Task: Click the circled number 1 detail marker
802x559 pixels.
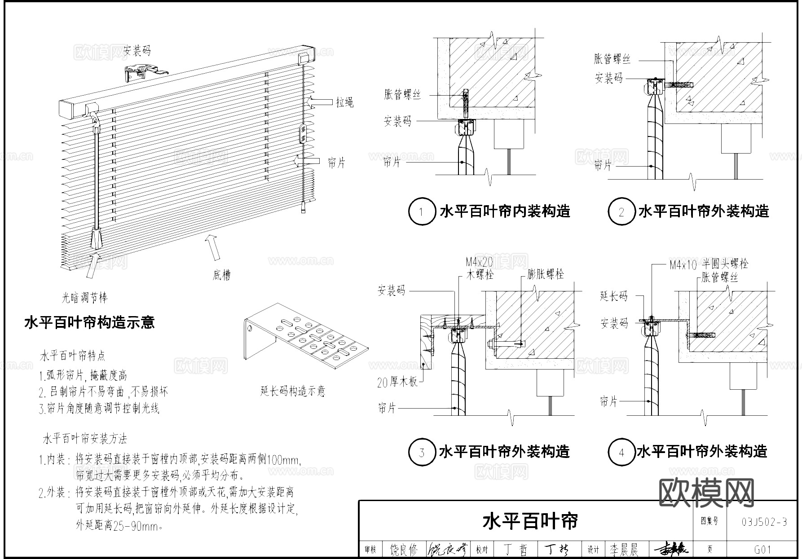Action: coord(422,211)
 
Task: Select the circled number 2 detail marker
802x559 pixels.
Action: coord(621,211)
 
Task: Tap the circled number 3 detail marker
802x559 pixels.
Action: coord(422,452)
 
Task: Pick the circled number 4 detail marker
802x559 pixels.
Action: coord(621,452)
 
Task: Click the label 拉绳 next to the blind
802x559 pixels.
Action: coord(344,102)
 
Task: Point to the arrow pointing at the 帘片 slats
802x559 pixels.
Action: coord(307,161)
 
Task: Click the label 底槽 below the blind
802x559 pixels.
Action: coord(221,275)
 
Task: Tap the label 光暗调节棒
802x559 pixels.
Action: coord(84,298)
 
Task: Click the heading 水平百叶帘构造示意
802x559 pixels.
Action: coord(89,322)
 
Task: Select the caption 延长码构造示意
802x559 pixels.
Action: coord(292,391)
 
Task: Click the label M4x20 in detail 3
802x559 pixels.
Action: coord(479,262)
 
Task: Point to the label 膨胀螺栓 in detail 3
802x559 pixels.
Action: coord(546,274)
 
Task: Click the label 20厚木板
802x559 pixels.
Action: coord(397,383)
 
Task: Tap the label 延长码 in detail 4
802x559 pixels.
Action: coord(613,296)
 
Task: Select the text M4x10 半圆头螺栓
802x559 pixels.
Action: coord(709,264)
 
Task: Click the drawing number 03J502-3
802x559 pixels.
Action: coord(764,522)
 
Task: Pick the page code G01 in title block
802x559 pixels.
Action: coord(763,550)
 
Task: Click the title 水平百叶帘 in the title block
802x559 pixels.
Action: coord(530,521)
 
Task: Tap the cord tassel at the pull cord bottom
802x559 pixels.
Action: coord(304,207)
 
